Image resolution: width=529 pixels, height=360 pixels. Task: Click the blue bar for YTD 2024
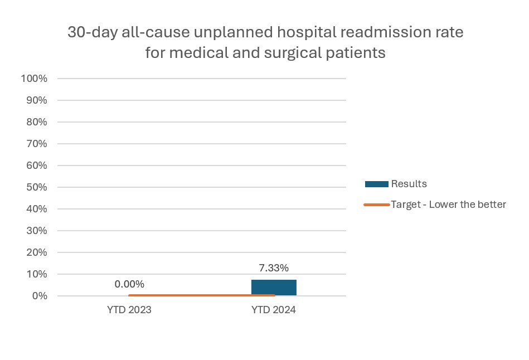coord(274,288)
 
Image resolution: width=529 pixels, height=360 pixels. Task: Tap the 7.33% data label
coord(274,268)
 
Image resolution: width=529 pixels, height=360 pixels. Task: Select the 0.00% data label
coord(129,284)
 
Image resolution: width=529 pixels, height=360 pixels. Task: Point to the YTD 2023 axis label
coord(129,310)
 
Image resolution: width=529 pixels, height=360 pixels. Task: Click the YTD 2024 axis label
coord(274,310)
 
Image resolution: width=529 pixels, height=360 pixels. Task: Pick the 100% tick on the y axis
coord(34,79)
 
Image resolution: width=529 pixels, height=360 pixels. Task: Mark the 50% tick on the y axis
coord(36,187)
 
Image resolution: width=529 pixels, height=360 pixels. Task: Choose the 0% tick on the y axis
coord(39,296)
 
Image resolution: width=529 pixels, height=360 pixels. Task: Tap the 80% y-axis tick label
coord(36,122)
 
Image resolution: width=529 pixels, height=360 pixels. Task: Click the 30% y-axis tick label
coord(36,231)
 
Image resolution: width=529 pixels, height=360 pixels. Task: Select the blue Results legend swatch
coord(376,184)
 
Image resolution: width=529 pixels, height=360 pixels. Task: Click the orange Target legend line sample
coord(376,205)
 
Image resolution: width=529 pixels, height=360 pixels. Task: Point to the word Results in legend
coord(409,184)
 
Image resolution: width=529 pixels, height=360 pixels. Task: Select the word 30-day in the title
coord(90,32)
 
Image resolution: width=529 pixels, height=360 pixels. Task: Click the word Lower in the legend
coord(440,205)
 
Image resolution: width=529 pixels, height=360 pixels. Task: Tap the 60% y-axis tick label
coord(36,166)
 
